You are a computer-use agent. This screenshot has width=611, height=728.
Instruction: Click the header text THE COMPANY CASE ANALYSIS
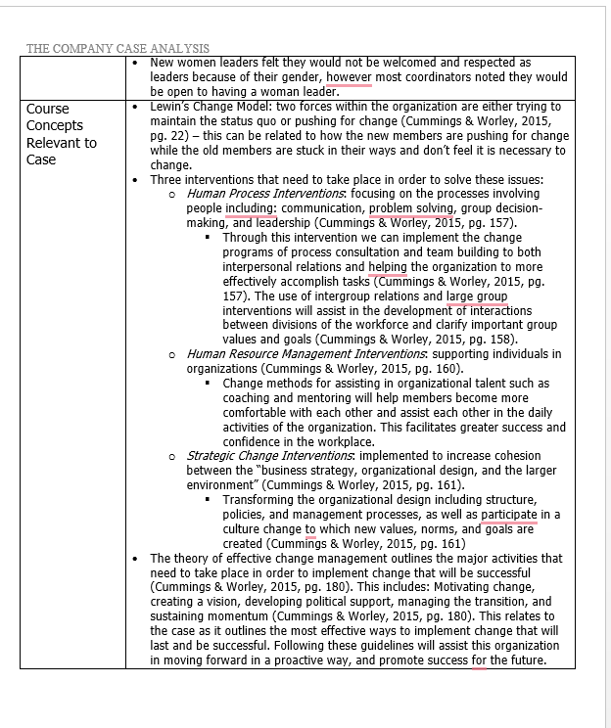pos(117,48)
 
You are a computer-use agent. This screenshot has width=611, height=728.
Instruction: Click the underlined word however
pos(350,77)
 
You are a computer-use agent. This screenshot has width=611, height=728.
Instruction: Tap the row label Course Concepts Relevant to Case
pos(61,134)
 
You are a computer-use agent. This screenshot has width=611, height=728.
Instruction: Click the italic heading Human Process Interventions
pos(258,194)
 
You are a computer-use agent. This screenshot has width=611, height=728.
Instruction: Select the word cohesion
pos(536,455)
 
